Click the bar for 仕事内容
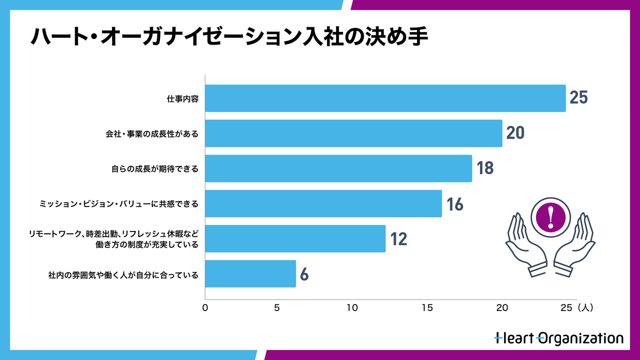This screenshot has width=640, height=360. point(385,98)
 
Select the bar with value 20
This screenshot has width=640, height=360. point(353,133)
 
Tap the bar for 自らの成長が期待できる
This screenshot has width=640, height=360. point(338,168)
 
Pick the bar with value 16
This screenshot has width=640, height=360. point(323,204)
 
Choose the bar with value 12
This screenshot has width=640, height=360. point(295,239)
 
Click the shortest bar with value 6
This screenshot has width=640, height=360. point(250,274)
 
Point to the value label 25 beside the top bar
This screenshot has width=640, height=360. point(579,98)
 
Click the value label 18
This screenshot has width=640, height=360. point(485,168)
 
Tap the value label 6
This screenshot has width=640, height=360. point(304,274)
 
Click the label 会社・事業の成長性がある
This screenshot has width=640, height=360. point(152,134)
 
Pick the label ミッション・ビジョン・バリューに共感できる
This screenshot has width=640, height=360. point(119,204)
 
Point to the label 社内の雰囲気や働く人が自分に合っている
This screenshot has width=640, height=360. point(123,275)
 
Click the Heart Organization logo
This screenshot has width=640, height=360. point(559,338)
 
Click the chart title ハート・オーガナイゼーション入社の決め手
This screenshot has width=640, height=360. point(228,37)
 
